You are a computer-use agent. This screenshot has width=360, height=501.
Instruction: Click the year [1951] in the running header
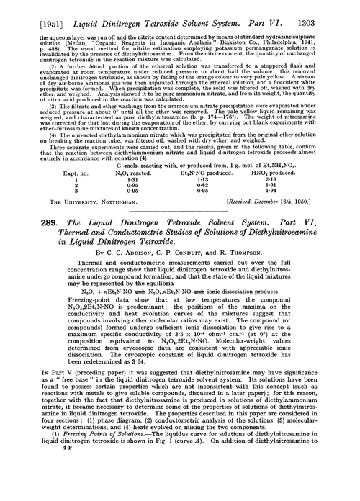pyautogui.click(x=32, y=9)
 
